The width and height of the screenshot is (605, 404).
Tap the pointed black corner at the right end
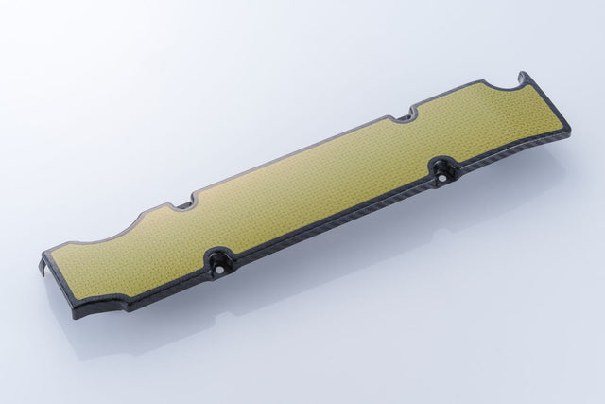click(x=568, y=128)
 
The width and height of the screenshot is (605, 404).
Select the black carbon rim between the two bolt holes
click(x=331, y=228)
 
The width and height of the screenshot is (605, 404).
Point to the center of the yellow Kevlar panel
click(x=312, y=189)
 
